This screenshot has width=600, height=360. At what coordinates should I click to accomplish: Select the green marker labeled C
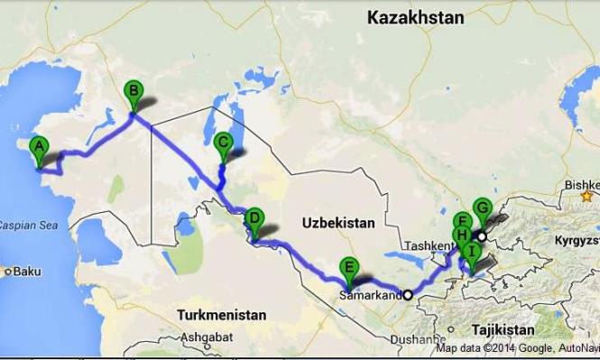point(224,143)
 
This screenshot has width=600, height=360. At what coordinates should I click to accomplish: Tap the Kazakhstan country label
point(416,17)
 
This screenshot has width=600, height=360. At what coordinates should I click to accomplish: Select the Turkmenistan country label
point(222,316)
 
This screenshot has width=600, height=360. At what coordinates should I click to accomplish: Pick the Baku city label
point(27,271)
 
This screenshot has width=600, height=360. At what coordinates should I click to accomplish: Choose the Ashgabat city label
point(207,337)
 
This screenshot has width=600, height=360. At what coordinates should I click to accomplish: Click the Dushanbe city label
point(419,341)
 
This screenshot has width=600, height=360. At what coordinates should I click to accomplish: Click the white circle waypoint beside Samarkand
point(407,294)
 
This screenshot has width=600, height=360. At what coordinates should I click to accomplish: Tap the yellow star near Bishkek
point(588,195)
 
